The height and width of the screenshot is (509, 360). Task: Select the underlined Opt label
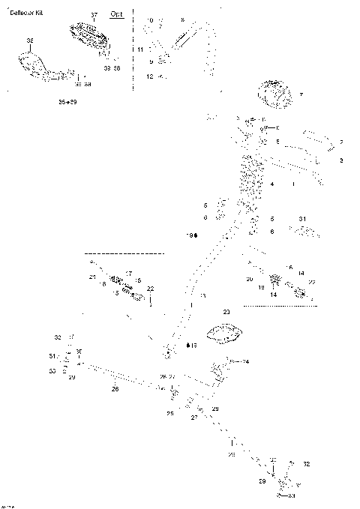pos(117,14)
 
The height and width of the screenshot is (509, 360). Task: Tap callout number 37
pos(94,15)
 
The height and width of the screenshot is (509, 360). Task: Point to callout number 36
pos(29,40)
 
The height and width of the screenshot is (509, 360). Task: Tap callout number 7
pos(301,95)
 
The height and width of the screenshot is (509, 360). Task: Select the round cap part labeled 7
pos(274,93)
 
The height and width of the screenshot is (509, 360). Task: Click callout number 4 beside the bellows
pos(272,184)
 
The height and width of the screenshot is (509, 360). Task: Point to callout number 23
pos(226,310)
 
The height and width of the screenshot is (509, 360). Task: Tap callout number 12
pos(149,76)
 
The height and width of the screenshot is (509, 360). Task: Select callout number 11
pos(140,49)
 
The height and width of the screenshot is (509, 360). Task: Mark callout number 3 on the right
pos(341,160)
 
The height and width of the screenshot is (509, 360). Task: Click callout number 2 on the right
pos(341,142)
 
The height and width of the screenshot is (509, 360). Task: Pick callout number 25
pos(170,414)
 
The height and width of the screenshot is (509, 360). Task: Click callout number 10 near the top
pos(150,20)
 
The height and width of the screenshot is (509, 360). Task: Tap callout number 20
pos(249,279)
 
